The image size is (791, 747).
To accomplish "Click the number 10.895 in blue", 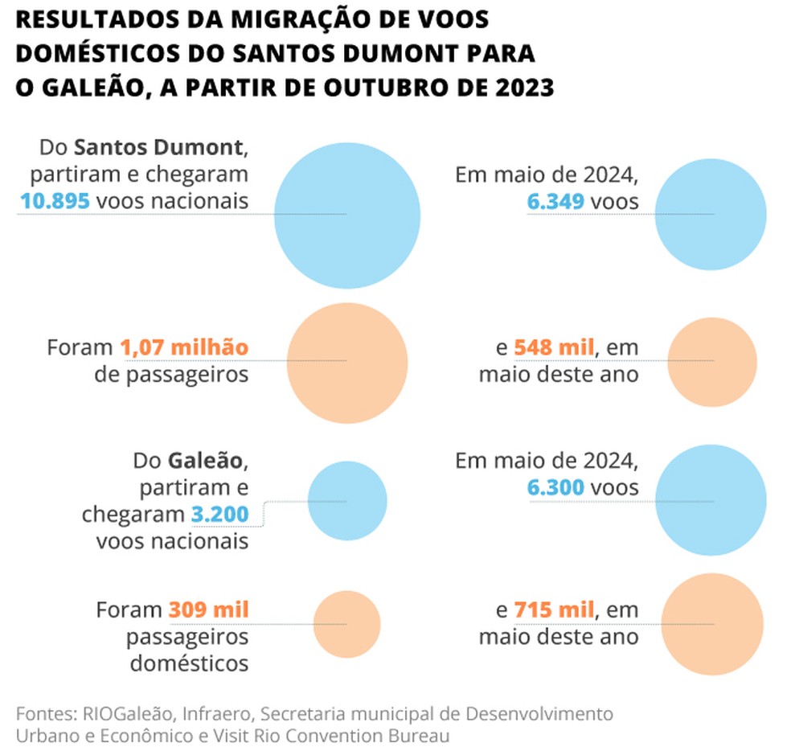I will (55, 200).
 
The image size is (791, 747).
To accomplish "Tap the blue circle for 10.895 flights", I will (347, 215).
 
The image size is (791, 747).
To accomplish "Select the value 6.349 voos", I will (555, 201).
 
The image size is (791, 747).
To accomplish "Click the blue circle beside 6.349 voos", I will (711, 215).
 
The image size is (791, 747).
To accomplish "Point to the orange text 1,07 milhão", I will (184, 347).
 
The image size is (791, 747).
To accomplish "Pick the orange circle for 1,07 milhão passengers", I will (346, 361).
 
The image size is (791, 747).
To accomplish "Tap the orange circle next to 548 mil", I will (712, 361).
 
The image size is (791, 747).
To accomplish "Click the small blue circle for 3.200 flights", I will (347, 501).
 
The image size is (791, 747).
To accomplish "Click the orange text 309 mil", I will (208, 610).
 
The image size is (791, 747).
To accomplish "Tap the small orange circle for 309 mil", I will (346, 624).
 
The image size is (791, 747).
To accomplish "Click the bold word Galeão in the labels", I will (204, 462).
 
